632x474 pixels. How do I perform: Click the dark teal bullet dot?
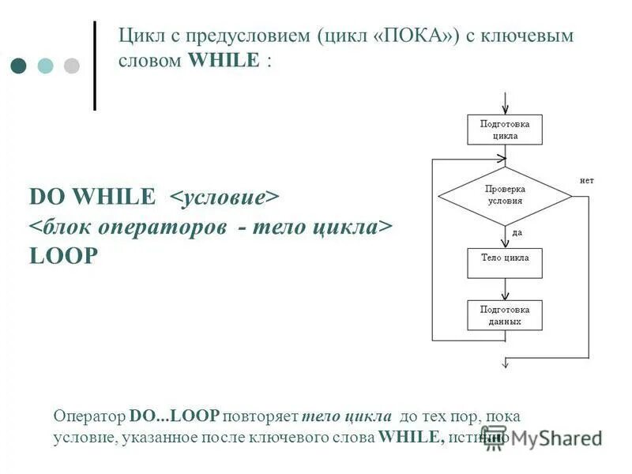(x=20, y=66)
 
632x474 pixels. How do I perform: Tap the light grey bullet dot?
(x=72, y=66)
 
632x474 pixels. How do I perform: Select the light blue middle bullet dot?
(x=46, y=66)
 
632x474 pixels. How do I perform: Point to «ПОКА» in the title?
(x=416, y=36)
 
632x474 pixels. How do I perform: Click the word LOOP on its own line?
(x=63, y=257)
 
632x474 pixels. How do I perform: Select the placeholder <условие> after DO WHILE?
(x=225, y=195)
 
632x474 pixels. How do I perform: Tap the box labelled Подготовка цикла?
(x=505, y=130)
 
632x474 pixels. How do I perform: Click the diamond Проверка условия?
(x=505, y=195)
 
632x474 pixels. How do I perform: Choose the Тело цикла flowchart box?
(x=505, y=263)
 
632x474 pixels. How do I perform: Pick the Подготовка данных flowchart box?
(x=505, y=315)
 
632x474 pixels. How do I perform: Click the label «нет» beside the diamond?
(x=586, y=180)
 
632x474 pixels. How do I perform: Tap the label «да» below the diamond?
(x=517, y=232)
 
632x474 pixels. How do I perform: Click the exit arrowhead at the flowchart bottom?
(x=505, y=363)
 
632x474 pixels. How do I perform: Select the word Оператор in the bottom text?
(x=89, y=416)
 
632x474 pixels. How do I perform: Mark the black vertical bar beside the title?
(x=95, y=65)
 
